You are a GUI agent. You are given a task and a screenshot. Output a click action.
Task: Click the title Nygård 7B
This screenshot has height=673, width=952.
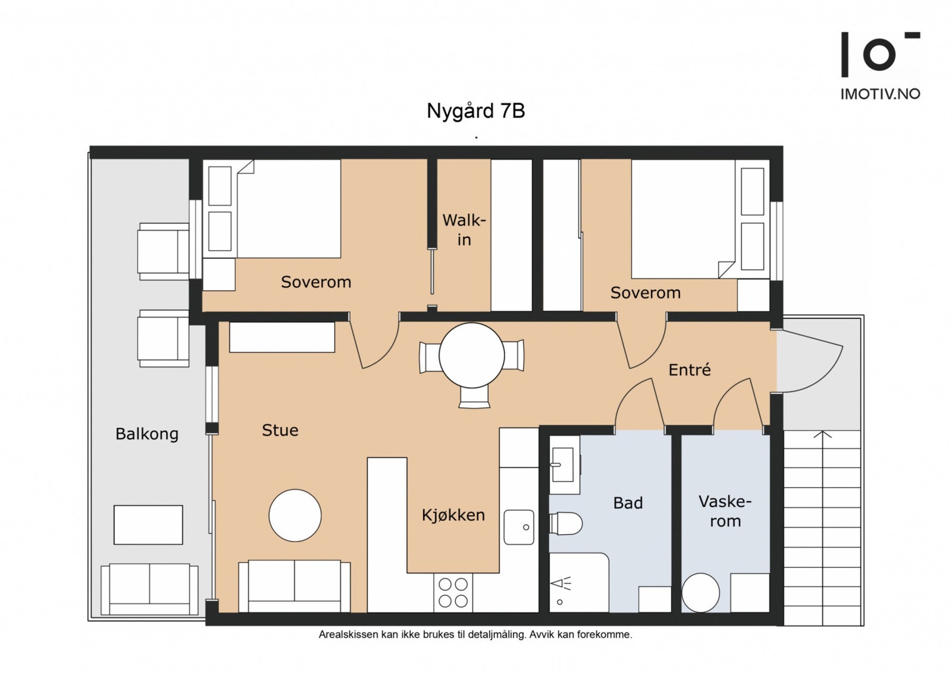475,111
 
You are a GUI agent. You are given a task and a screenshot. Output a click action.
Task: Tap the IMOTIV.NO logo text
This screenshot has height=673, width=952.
880,94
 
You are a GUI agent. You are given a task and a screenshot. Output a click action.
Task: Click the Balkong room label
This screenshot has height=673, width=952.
147,434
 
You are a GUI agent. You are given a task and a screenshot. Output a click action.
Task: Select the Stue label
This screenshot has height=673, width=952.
280,430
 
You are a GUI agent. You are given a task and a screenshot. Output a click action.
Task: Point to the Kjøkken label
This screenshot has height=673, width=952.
453,515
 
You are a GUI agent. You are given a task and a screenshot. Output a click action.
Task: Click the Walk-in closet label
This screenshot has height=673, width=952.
464,230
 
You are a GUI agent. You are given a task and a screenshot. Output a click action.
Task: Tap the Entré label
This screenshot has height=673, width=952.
690,370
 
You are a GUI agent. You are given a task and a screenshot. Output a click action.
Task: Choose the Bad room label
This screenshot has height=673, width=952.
628,503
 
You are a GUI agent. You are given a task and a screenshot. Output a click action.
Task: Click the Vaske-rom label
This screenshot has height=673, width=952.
725,511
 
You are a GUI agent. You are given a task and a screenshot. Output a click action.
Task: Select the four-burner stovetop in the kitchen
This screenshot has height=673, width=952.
453,593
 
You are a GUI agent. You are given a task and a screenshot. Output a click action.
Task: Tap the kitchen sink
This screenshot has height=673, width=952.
519,527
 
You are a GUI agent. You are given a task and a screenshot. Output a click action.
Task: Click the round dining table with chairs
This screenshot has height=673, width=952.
472,356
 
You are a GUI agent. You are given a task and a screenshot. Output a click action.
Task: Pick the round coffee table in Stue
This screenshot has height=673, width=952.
295,515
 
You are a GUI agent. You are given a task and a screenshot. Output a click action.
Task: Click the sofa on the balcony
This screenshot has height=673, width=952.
149,589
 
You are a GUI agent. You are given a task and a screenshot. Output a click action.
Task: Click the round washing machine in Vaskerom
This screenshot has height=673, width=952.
700,593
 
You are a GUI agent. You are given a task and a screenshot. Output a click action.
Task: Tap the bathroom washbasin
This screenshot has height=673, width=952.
563,465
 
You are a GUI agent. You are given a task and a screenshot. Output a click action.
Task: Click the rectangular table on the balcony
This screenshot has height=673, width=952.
148,524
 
